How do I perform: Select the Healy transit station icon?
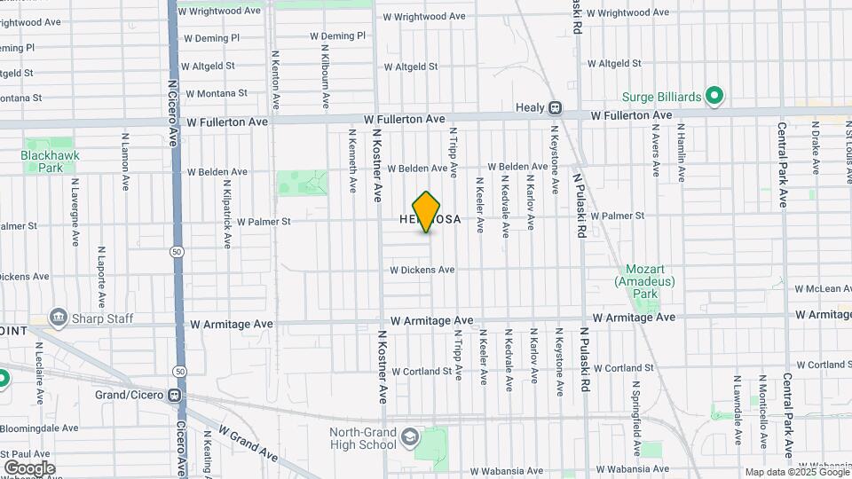(555, 108)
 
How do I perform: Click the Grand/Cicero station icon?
(175, 395)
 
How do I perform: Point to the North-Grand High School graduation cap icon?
(410, 437)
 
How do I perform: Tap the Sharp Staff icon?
(59, 317)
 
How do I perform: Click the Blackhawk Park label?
(43, 161)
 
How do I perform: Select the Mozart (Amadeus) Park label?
(644, 281)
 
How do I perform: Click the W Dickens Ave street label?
(422, 270)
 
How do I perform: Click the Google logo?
(29, 467)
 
